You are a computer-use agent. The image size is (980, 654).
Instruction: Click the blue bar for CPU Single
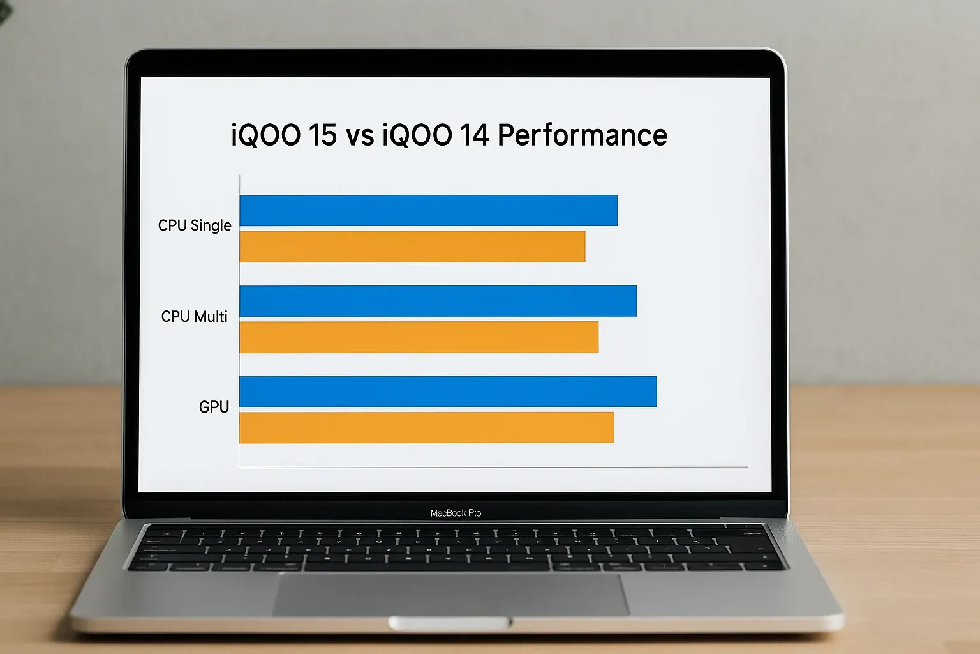(428, 211)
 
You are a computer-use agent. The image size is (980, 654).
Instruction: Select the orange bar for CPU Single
(412, 247)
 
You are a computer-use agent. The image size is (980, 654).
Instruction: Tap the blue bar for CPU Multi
(438, 301)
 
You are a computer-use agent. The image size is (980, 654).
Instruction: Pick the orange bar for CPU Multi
(419, 337)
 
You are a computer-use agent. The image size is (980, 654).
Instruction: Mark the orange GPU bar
(426, 427)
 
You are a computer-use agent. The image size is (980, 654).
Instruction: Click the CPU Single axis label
(195, 225)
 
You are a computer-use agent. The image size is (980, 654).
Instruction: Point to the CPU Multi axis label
(194, 316)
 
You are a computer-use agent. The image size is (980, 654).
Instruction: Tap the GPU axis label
(214, 407)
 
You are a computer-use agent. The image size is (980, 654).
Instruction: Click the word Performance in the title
(582, 135)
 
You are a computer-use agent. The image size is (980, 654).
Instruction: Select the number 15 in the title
(322, 135)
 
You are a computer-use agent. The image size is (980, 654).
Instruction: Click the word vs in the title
(360, 135)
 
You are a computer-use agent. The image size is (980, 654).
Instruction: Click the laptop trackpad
(452, 594)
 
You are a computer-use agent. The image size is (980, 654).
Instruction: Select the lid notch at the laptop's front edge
(450, 622)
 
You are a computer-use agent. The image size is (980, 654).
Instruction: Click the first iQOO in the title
(265, 135)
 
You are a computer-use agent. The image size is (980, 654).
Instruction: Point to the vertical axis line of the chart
(239, 319)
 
